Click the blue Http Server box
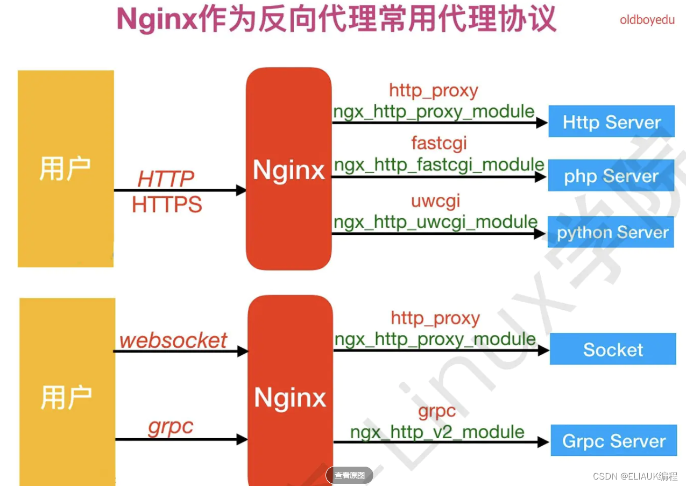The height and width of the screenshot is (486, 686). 611,121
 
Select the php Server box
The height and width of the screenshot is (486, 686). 611,176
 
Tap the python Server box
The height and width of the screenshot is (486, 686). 611,232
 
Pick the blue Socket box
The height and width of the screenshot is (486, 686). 612,349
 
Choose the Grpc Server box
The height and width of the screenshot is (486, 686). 613,441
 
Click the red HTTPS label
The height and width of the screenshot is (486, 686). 167,205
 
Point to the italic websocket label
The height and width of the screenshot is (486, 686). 173,340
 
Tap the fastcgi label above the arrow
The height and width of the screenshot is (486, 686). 439,143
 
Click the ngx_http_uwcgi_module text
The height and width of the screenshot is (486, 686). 435,221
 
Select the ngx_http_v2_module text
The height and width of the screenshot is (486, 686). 437,432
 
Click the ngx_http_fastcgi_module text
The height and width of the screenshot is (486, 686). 439,165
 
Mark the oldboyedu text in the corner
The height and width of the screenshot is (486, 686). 647,20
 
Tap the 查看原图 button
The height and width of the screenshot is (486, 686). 349,475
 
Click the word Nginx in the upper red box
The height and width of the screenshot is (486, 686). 289,170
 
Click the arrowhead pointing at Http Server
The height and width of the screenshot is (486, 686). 542,123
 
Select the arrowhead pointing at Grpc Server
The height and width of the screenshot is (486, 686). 543,442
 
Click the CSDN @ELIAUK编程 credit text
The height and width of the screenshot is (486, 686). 635,476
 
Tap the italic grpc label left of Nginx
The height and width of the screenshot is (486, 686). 170,427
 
